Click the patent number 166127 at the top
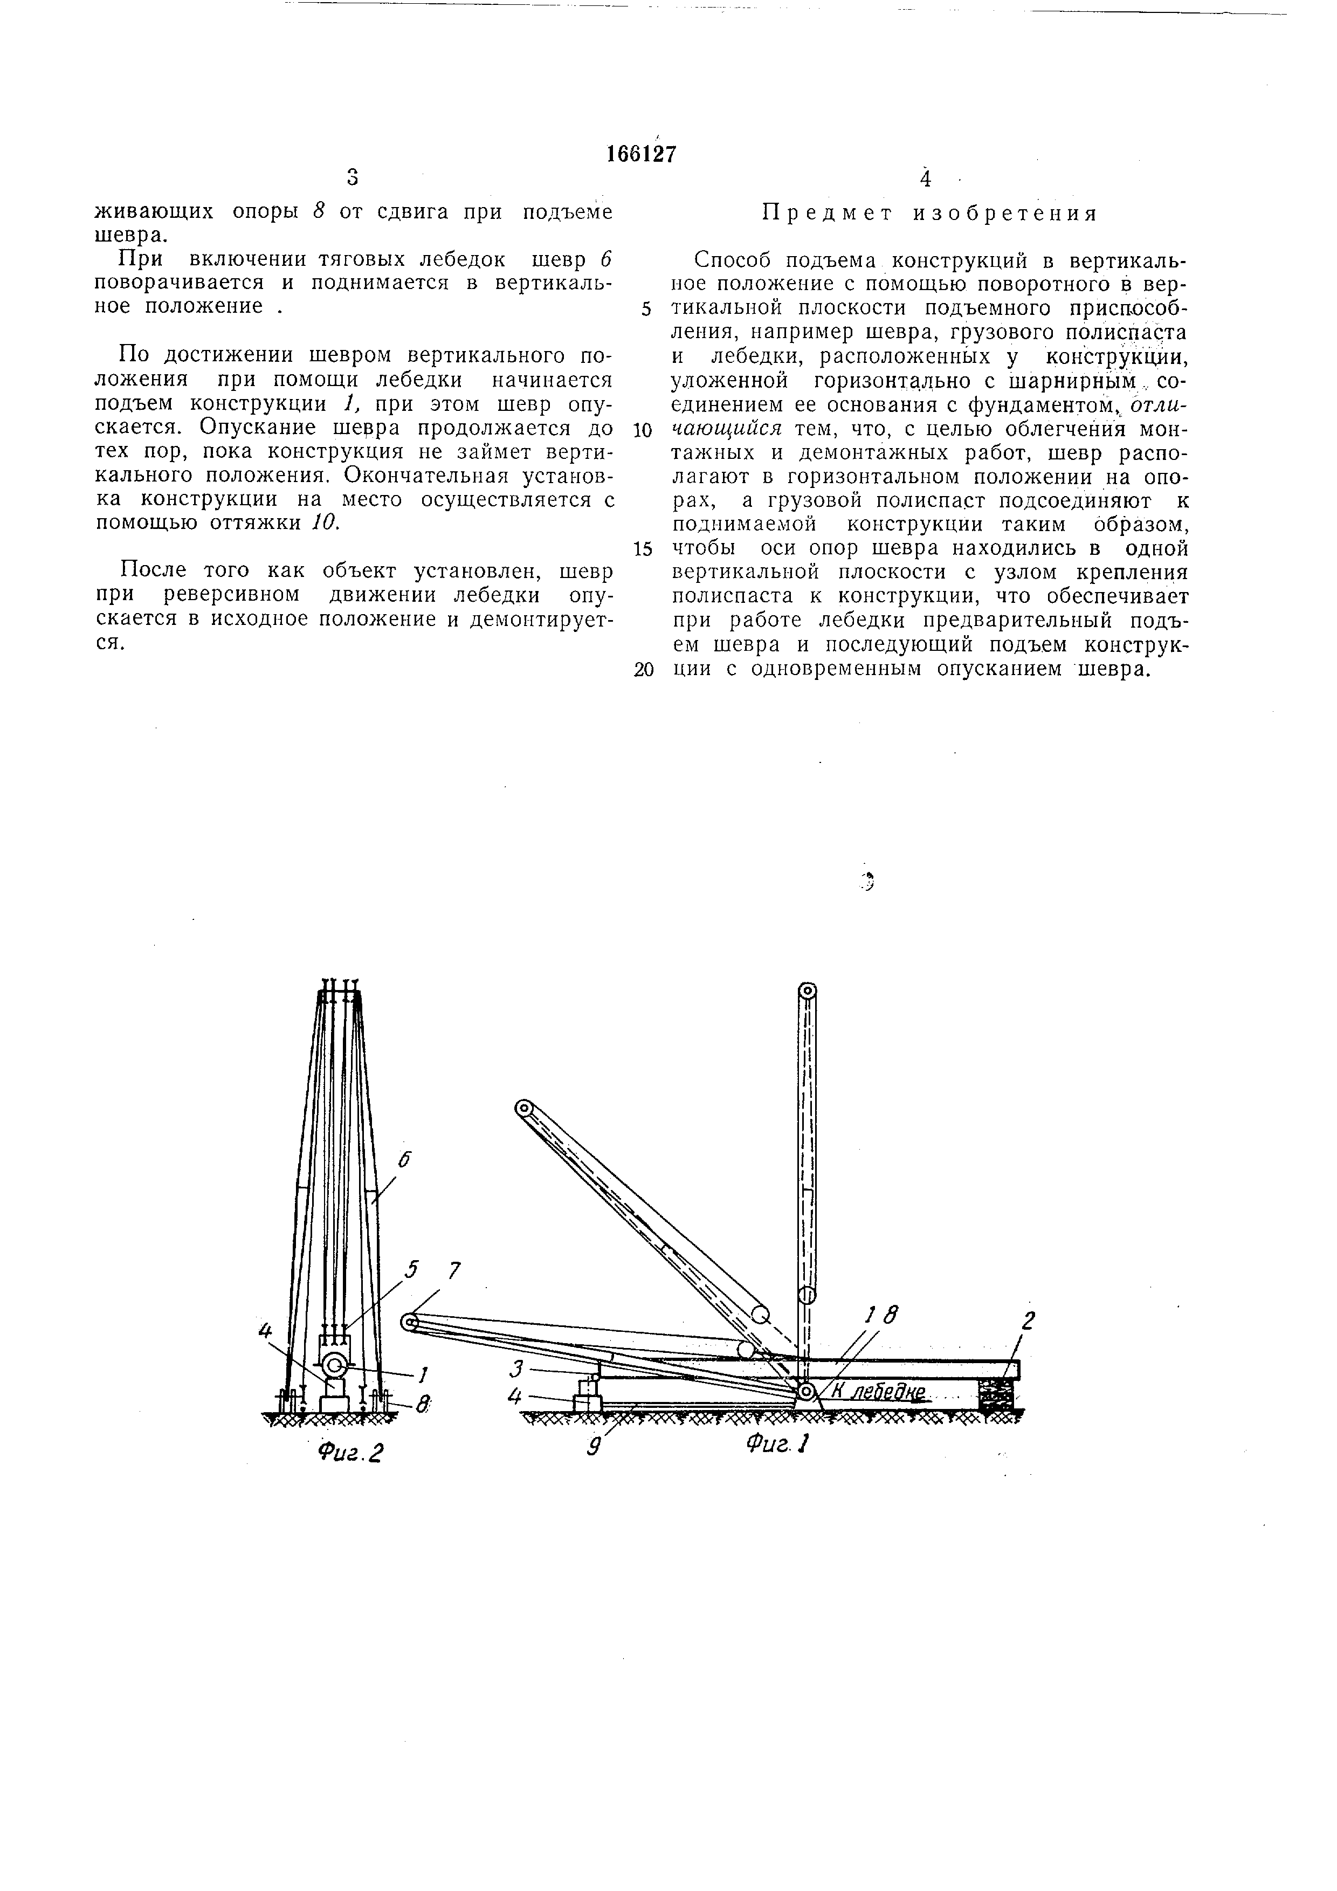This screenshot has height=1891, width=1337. [x=640, y=154]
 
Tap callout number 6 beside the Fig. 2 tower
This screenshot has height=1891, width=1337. [x=403, y=1160]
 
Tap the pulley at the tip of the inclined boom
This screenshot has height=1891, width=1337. [x=523, y=1109]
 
